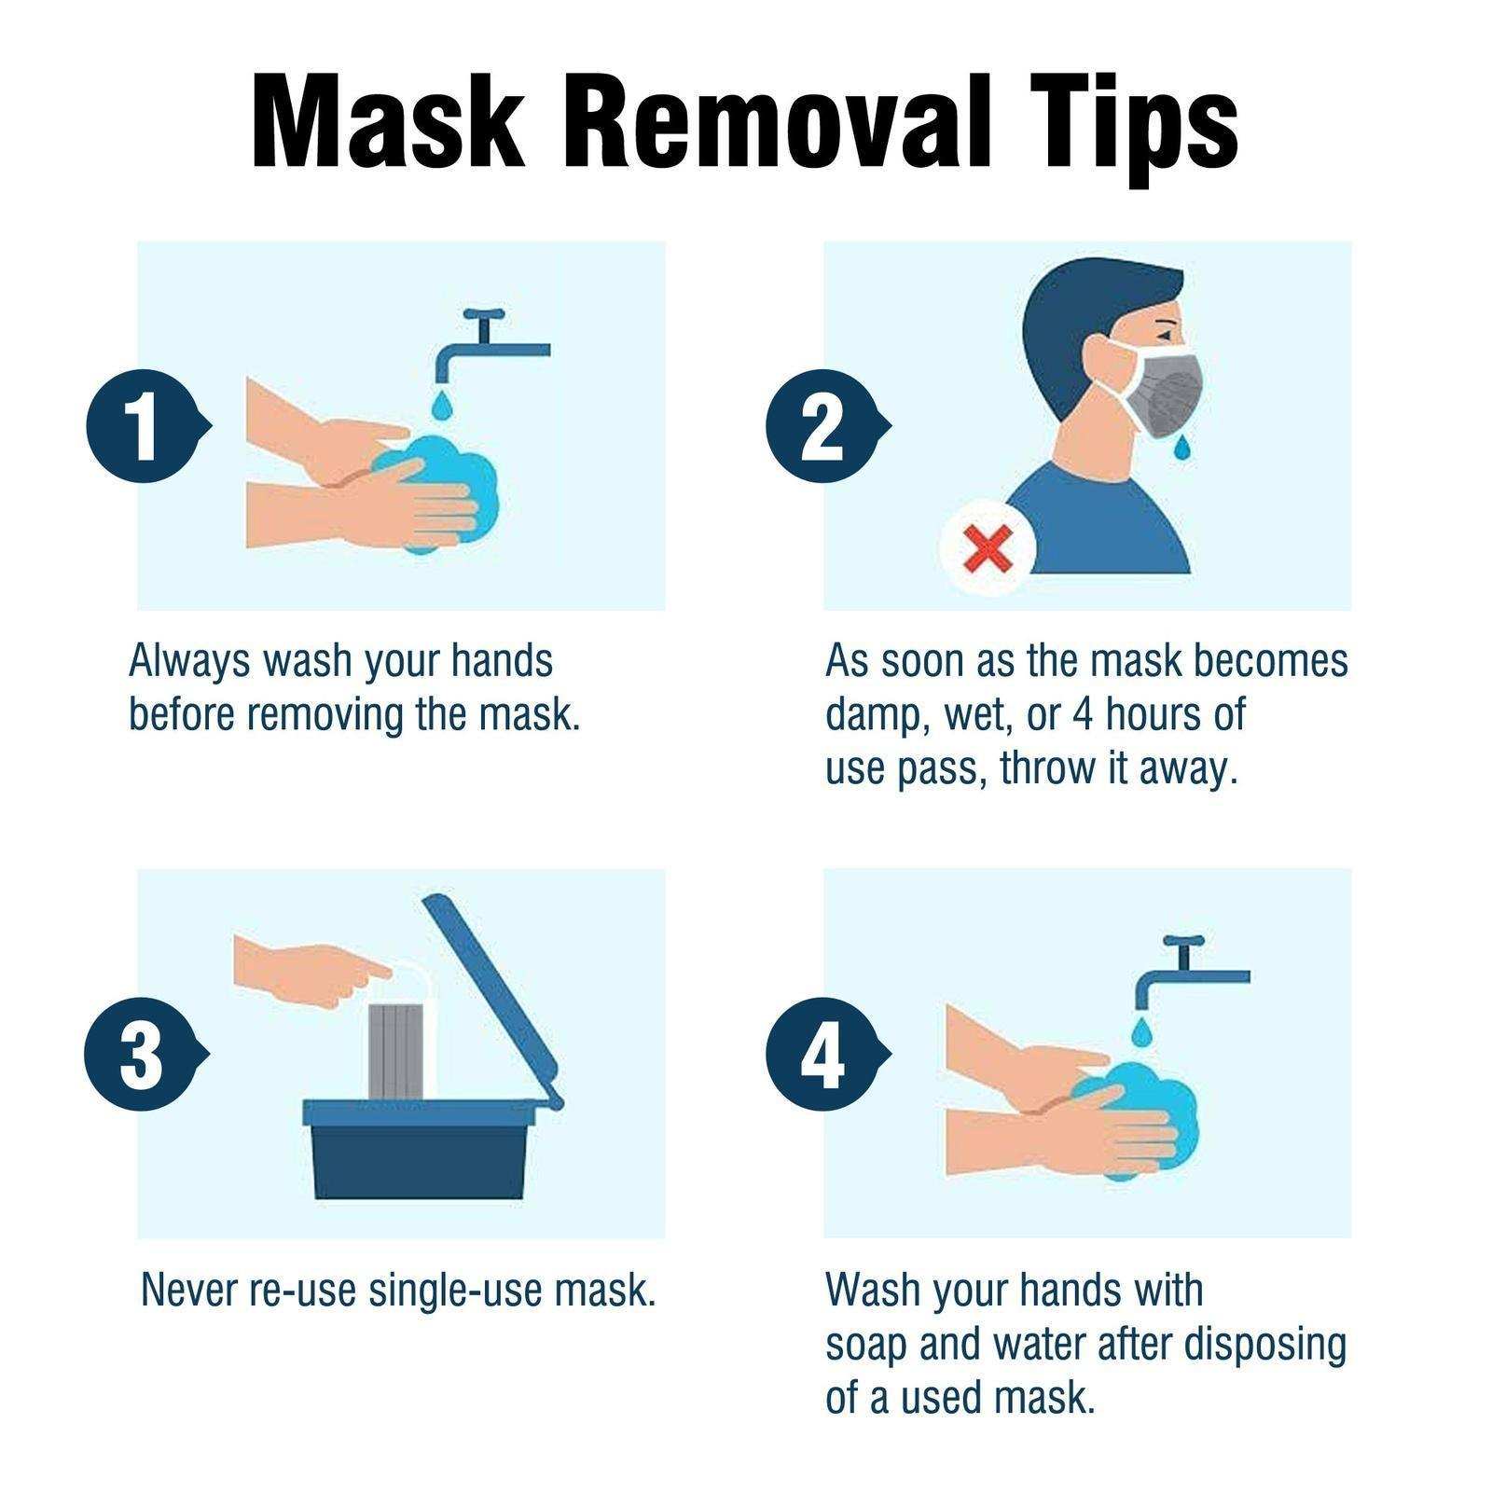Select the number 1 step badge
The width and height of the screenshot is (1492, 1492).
143,427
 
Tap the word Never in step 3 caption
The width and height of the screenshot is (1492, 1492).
189,1290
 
